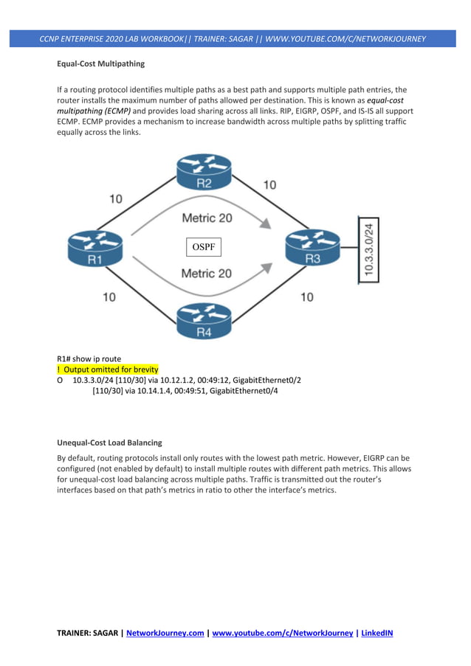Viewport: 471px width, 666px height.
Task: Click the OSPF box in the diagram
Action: point(203,247)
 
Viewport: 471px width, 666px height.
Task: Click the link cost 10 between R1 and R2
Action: point(117,198)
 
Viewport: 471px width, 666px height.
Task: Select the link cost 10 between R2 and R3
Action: point(269,184)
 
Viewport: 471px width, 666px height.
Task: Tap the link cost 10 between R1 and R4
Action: point(109,297)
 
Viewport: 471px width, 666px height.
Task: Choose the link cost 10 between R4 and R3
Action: point(306,297)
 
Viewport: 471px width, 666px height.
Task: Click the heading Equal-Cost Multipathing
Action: point(100,64)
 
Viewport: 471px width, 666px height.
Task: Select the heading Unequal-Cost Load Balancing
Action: point(109,443)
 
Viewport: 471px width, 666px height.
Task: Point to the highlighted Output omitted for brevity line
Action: point(108,369)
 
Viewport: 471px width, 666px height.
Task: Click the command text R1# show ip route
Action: point(89,359)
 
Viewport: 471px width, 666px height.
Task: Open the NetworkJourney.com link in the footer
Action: point(165,632)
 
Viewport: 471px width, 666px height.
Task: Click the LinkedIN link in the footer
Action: point(377,632)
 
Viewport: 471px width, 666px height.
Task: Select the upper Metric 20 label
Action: point(207,218)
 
